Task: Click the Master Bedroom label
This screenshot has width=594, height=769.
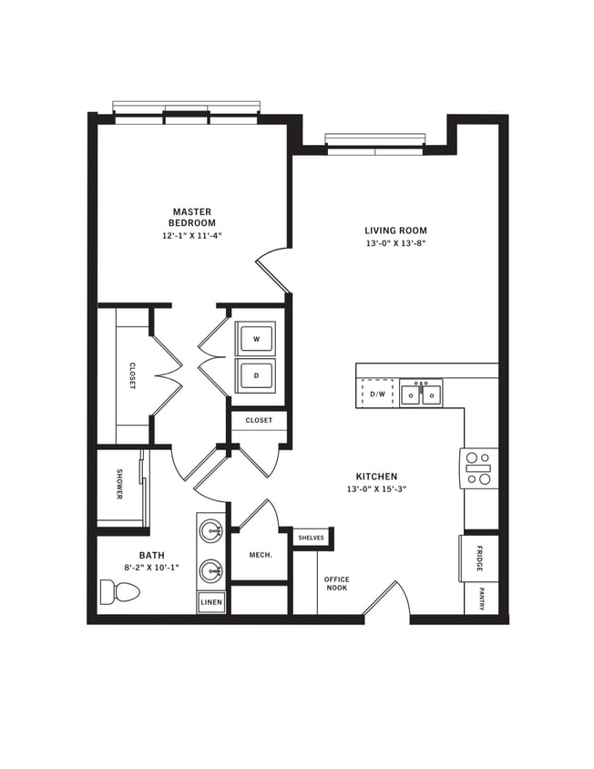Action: click(192, 217)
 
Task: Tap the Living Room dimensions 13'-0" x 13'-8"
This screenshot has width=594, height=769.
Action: click(395, 244)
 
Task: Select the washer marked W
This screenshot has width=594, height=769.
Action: click(256, 339)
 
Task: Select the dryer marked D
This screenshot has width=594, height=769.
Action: click(256, 374)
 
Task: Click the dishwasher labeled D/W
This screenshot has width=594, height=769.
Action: click(377, 395)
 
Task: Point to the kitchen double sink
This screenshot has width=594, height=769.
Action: click(421, 395)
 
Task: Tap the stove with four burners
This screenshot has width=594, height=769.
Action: click(479, 468)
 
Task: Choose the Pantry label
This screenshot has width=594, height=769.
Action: click(480, 600)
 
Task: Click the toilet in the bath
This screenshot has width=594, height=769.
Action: click(119, 592)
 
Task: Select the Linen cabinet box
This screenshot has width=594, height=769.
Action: click(211, 602)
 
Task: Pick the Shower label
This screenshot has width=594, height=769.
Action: click(119, 485)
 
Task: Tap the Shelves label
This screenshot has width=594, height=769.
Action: click(311, 538)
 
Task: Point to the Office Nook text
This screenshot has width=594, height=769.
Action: click(337, 584)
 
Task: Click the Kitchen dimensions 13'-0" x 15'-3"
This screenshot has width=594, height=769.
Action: click(376, 488)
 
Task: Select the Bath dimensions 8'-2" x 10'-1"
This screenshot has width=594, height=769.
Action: click(151, 568)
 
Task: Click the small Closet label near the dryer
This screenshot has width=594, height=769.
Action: click(259, 421)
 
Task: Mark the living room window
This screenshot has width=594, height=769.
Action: click(374, 140)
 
